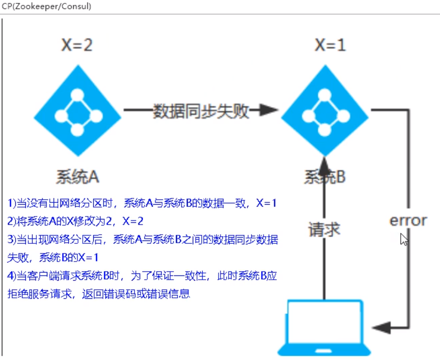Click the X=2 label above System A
pyautogui.click(x=77, y=45)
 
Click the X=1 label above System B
pyautogui.click(x=330, y=45)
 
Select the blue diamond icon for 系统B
pyautogui.click(x=325, y=111)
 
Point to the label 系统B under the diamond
pyautogui.click(x=325, y=177)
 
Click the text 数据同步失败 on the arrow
pyautogui.click(x=201, y=111)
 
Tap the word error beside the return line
pyautogui.click(x=408, y=221)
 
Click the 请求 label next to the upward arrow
pyautogui.click(x=324, y=230)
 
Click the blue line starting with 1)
pyautogui.click(x=143, y=203)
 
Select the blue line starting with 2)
pyautogui.click(x=76, y=221)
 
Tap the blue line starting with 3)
pyautogui.click(x=143, y=240)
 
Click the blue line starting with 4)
pyautogui.click(x=143, y=276)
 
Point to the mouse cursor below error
pyautogui.click(x=404, y=240)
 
